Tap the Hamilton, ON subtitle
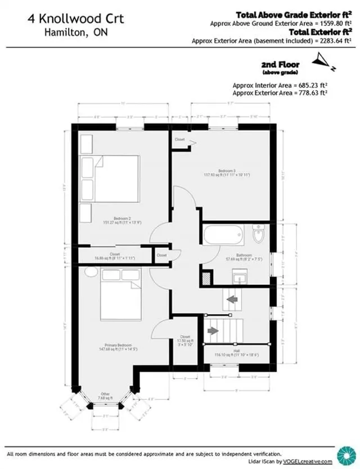click(76, 32)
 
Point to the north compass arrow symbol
click(323, 59)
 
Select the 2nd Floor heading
click(278, 65)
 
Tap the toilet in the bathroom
click(258, 235)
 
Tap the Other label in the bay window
click(105, 393)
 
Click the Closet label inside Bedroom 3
click(180, 139)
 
